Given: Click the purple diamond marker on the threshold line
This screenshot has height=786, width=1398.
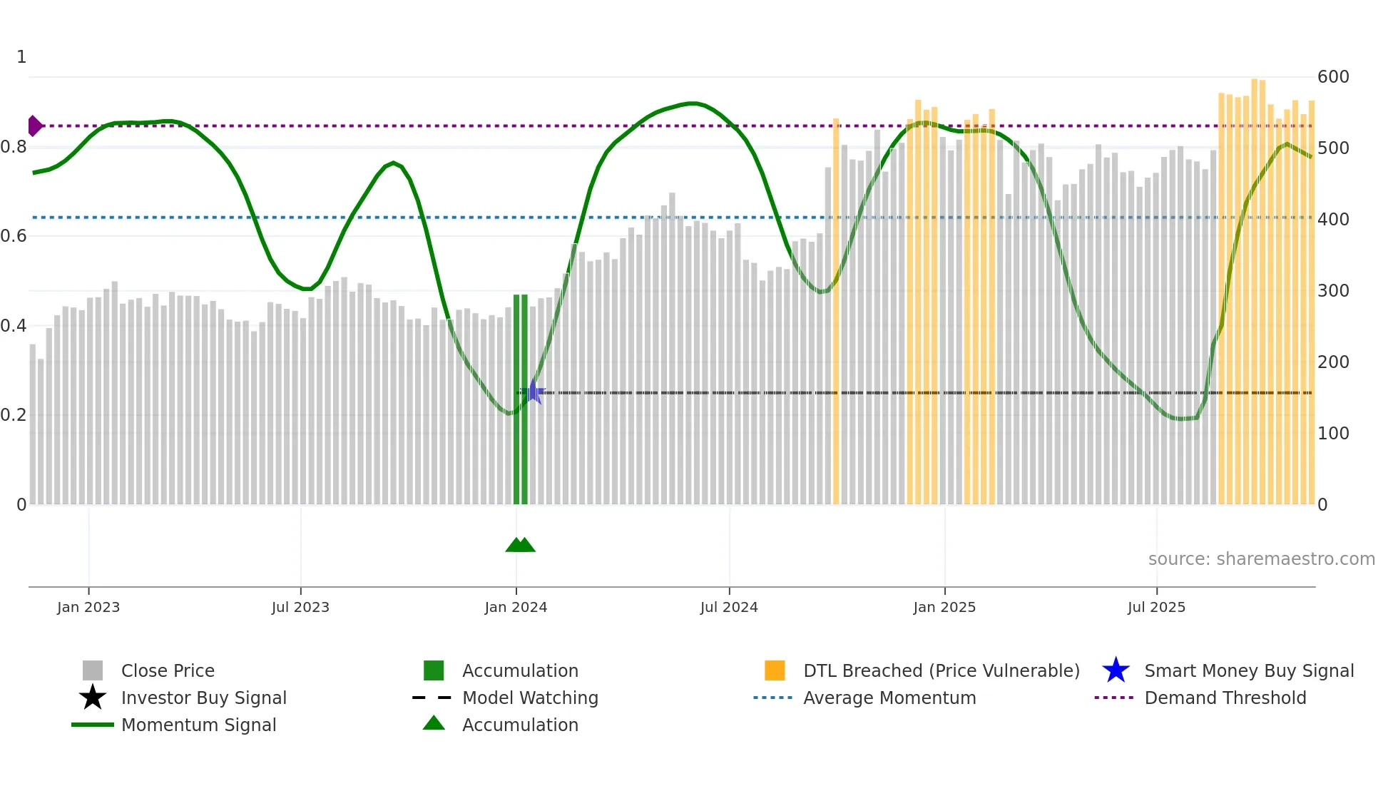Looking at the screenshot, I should [x=34, y=126].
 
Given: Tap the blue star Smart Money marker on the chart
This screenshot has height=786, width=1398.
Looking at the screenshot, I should [x=532, y=392].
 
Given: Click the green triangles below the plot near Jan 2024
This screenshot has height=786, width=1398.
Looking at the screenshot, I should [x=520, y=545].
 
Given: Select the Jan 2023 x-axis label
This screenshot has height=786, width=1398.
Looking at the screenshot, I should [x=88, y=607].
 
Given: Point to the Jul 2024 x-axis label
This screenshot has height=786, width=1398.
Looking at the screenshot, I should [x=729, y=607].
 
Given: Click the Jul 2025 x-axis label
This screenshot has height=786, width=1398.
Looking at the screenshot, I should [x=1156, y=607].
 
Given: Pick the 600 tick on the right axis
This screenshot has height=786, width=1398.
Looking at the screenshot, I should [x=1333, y=77].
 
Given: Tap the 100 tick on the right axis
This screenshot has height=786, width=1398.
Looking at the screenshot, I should [x=1333, y=434].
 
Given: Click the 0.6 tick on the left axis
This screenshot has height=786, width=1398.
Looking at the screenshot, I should [x=14, y=236].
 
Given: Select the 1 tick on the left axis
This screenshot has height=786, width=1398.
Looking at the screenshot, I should [x=21, y=57].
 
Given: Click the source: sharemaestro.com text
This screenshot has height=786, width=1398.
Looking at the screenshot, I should [x=1261, y=559].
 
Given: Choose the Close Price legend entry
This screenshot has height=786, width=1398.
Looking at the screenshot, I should [x=168, y=670].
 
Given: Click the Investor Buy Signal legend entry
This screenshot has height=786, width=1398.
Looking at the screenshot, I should [x=203, y=698].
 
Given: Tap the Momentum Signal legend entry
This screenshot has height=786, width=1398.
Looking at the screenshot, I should [x=198, y=725].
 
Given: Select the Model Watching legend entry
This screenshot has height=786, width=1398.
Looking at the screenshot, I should [x=530, y=698].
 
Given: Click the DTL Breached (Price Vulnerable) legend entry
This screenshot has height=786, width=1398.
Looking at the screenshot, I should [x=941, y=670].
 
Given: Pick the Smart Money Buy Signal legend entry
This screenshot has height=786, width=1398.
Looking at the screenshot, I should [x=1248, y=670].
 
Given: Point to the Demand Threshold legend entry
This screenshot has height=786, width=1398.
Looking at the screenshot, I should [x=1225, y=698].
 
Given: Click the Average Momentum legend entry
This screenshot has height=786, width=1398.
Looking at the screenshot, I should [x=889, y=698].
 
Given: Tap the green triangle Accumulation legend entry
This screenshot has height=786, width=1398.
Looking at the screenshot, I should [x=520, y=725].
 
